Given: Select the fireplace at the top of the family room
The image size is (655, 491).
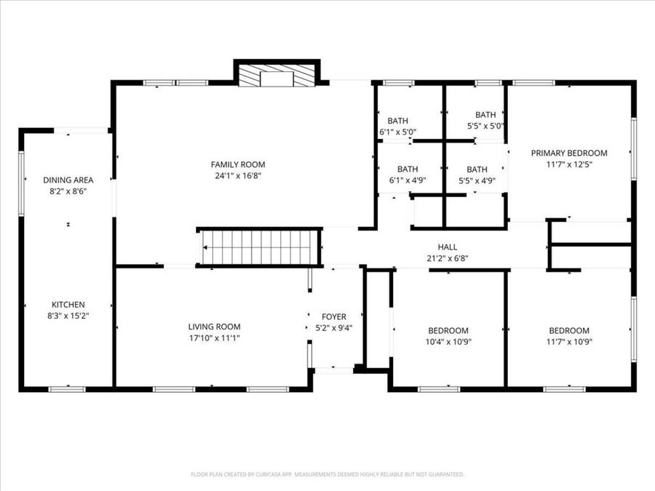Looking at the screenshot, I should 277,76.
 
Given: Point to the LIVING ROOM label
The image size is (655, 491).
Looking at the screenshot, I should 214,327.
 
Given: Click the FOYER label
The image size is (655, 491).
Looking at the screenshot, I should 334,317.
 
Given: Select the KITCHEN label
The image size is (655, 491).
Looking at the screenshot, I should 68,305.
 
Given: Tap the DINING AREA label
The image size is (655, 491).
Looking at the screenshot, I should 68,180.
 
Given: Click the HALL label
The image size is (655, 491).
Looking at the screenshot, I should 447,247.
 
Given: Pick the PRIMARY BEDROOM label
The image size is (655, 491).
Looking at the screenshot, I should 568,153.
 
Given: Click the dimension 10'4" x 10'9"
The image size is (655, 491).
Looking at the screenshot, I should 448,341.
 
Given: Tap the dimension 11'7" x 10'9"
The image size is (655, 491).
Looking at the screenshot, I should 569,341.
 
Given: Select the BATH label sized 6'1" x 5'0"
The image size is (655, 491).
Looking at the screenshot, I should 397,121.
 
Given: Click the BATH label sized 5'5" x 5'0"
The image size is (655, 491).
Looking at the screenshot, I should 485,114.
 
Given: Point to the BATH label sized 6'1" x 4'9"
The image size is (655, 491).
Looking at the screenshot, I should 408,169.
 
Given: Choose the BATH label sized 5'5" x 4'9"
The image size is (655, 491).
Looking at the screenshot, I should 477,169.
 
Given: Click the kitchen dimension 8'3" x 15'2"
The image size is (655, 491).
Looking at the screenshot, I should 68,316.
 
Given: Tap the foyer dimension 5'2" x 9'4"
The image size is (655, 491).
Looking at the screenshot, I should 334,328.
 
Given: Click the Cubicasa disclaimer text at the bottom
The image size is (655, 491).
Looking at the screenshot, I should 327,474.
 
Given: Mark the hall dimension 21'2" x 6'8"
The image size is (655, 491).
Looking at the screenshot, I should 447,258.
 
